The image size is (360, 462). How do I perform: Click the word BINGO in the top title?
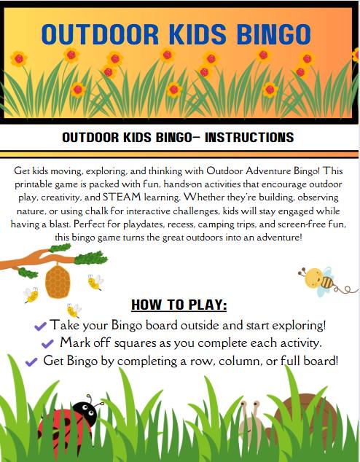click(x=269, y=33)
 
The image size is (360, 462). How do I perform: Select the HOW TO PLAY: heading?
click(x=179, y=304)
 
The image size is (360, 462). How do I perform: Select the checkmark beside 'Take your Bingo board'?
click(x=40, y=325)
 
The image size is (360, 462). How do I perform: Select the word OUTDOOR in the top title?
click(x=98, y=33)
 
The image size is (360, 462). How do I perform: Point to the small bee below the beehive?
click(x=73, y=310)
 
